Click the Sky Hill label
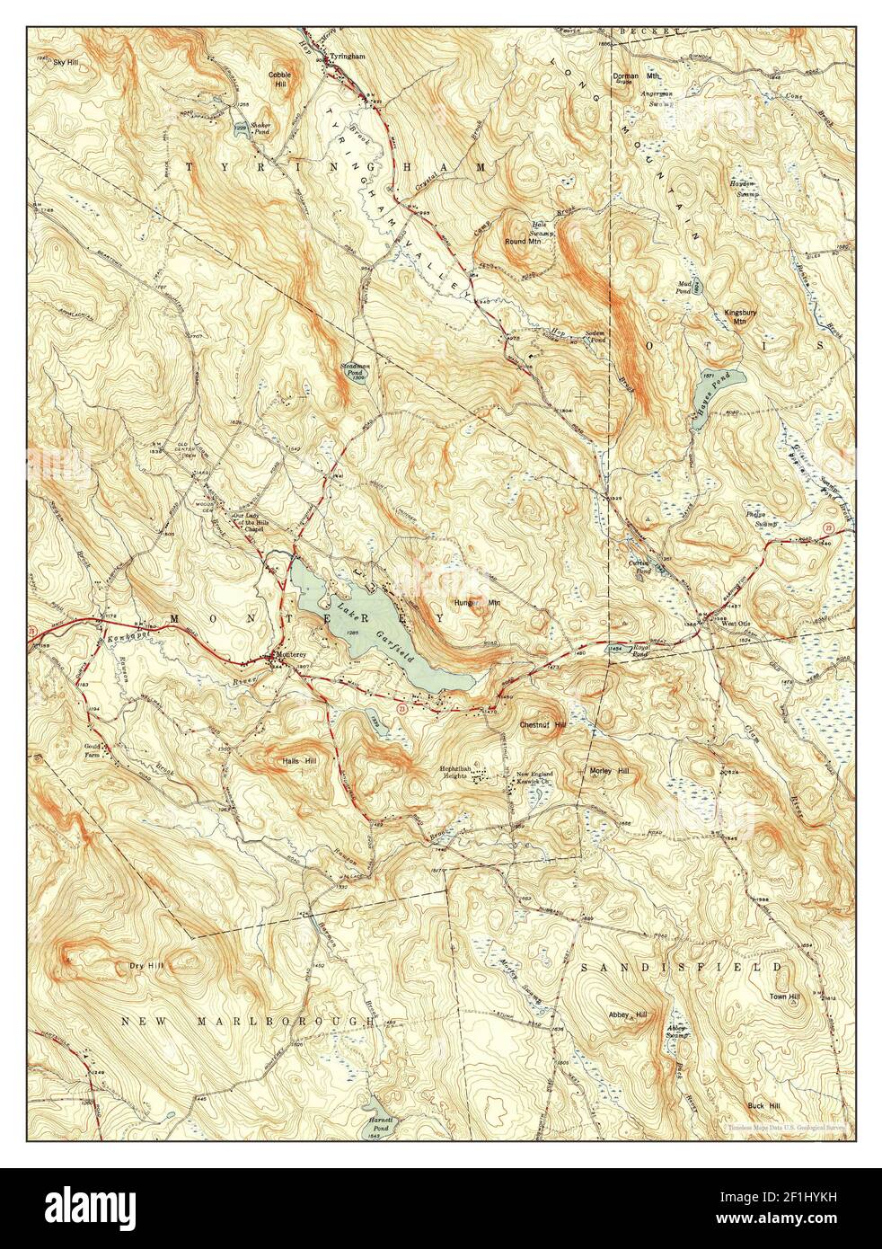point(66,63)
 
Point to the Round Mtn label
point(522,242)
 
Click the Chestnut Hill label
point(542,723)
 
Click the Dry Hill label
point(134,968)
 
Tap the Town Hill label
point(784,997)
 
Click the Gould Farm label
point(101,751)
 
